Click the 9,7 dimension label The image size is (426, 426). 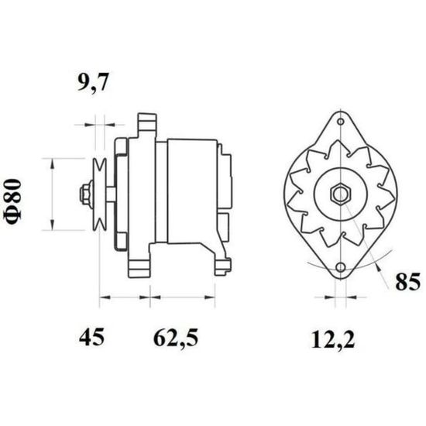93,82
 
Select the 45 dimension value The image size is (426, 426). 91,337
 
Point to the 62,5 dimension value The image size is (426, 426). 176,338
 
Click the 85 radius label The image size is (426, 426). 407,282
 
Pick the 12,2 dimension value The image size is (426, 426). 333,340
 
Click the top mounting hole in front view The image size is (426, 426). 341,122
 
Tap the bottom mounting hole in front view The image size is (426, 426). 341,267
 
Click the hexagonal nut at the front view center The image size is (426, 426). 341,194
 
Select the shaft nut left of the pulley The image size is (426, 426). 85,194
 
